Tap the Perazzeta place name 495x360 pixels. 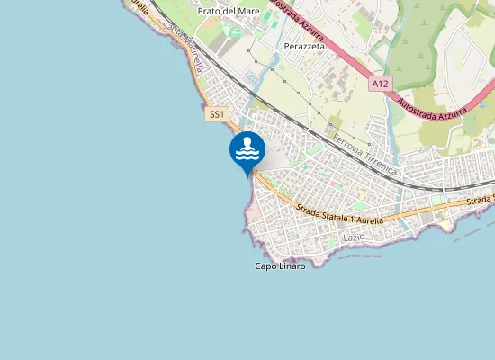303,46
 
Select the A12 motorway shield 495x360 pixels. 381,84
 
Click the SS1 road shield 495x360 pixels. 216,114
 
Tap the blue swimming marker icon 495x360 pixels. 247,149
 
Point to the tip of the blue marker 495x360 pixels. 247,177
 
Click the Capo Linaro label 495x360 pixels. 280,266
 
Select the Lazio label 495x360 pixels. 354,237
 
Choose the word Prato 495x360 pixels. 209,11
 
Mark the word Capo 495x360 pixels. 265,266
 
